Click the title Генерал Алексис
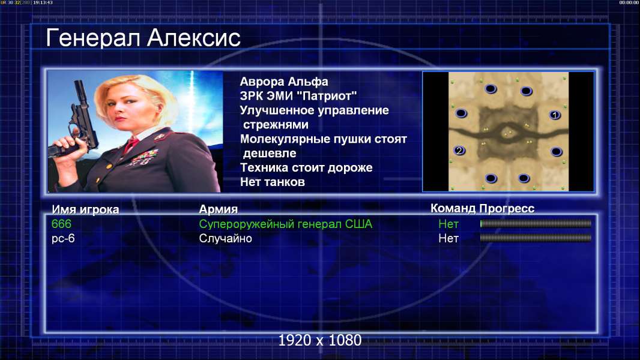(x=143, y=38)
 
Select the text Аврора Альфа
(x=283, y=82)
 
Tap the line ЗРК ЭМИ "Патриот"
(x=298, y=96)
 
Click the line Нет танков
(x=272, y=182)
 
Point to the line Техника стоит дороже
(x=306, y=167)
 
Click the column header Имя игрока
(x=85, y=209)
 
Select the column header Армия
(x=218, y=209)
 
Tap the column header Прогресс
(x=507, y=208)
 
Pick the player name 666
(x=61, y=224)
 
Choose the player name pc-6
(x=63, y=239)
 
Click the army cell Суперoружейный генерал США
(x=285, y=224)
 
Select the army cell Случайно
(x=225, y=239)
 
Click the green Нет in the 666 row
(x=448, y=224)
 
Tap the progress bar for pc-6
(x=536, y=238)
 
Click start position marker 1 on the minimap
(x=554, y=115)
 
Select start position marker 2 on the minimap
(x=459, y=151)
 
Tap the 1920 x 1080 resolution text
(x=319, y=340)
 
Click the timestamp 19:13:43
(x=43, y=2)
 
